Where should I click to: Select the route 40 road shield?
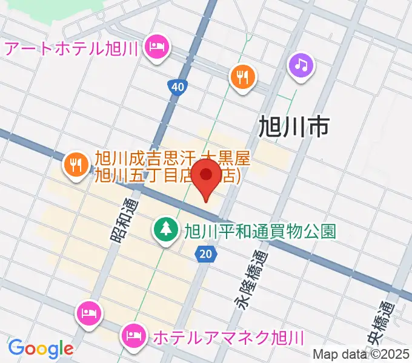click(x=177, y=88)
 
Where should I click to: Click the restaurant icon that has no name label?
click(x=243, y=77)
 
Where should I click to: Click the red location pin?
click(x=208, y=175)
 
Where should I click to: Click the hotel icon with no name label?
click(x=89, y=313)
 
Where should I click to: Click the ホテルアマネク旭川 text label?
click(x=228, y=337)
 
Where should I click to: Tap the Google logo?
click(x=41, y=348)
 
